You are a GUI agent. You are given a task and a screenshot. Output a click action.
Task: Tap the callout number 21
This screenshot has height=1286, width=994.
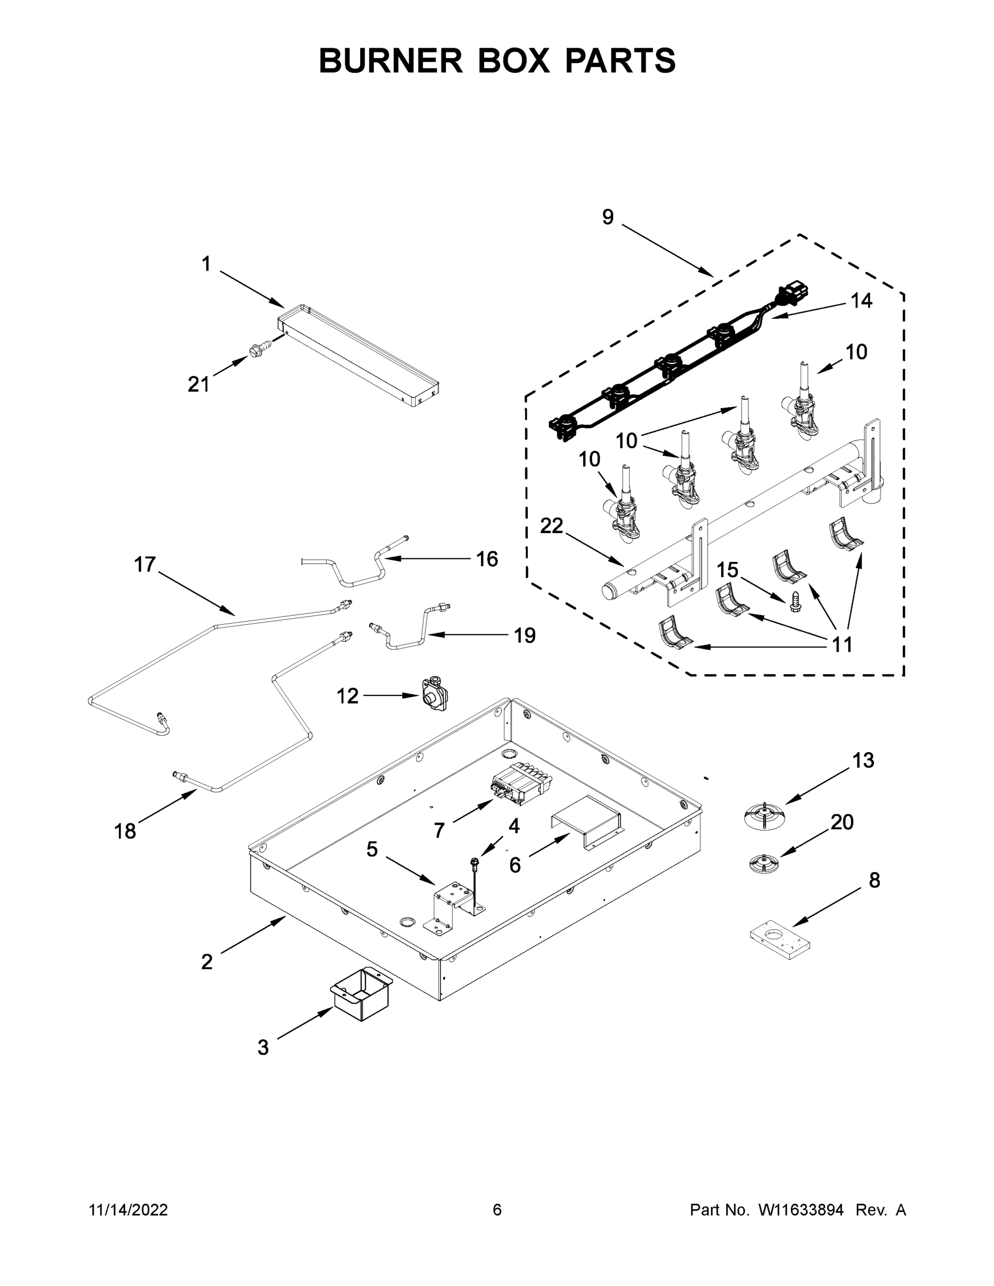tap(198, 385)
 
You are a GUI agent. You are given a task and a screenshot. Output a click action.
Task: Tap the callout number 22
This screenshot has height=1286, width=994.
tap(552, 526)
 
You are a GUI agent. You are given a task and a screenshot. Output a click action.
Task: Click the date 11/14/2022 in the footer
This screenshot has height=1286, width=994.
tap(129, 1209)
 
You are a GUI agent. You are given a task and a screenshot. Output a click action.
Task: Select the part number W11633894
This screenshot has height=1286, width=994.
tap(801, 1209)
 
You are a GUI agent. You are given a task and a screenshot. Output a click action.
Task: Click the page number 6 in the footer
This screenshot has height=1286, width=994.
tap(497, 1209)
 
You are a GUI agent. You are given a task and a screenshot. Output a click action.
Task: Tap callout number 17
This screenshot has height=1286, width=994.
tap(144, 564)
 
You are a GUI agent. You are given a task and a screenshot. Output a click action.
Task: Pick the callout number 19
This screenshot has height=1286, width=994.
tap(524, 635)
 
